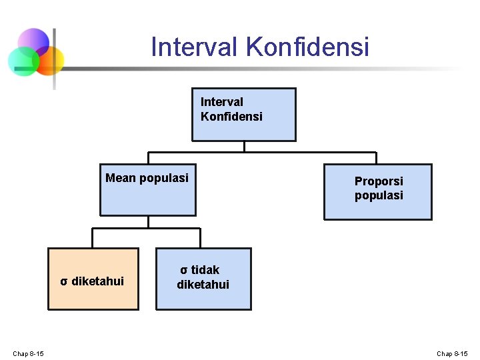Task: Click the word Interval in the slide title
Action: coord(195,47)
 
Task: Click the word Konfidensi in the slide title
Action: coord(307,47)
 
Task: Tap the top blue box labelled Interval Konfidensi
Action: coord(243,115)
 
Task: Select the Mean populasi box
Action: coord(148,190)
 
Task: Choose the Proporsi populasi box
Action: coord(378,191)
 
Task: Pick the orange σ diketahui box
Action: coord(93,279)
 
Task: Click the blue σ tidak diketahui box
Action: coord(203,279)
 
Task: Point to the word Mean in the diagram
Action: coord(121,178)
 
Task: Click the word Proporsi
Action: coord(379,181)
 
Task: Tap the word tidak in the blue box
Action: coord(205,270)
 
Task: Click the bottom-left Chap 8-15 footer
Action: coord(28,353)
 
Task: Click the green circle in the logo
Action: coord(22,61)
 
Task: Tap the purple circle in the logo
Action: coord(33,42)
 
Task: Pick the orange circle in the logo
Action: coord(49,59)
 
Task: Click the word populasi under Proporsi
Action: coord(379,196)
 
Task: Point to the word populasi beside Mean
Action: coord(164,178)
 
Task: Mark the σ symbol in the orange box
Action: coord(63,281)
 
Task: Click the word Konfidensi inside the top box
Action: coord(231,117)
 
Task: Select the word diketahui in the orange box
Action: coord(97,281)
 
